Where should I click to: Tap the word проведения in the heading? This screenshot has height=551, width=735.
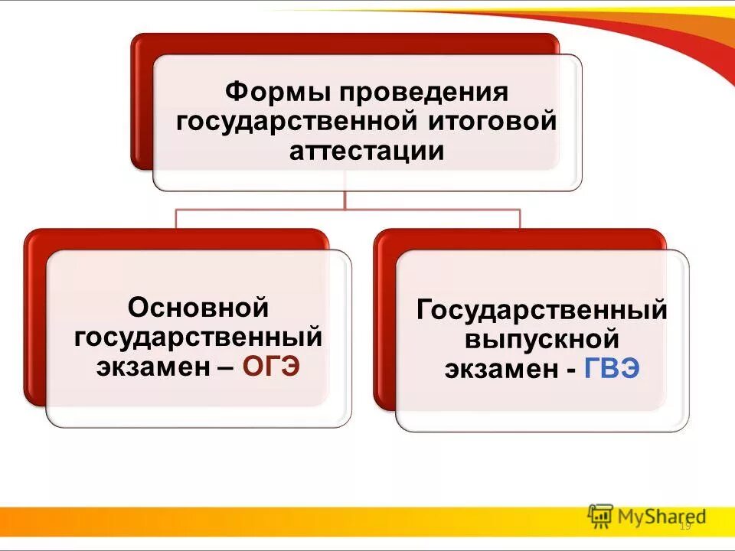(424, 93)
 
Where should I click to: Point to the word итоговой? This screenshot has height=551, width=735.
(493, 122)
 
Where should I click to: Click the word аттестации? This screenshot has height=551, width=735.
(367, 150)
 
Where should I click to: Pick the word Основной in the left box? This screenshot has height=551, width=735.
(198, 308)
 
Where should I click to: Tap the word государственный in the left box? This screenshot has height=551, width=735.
(198, 337)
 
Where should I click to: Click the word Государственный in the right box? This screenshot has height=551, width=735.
(542, 311)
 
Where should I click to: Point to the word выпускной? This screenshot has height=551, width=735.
(542, 339)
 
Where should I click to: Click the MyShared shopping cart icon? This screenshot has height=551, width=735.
(601, 515)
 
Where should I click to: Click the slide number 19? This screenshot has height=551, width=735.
(685, 526)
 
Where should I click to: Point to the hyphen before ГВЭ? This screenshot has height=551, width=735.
(571, 370)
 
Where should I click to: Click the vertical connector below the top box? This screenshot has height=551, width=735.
(345, 199)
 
